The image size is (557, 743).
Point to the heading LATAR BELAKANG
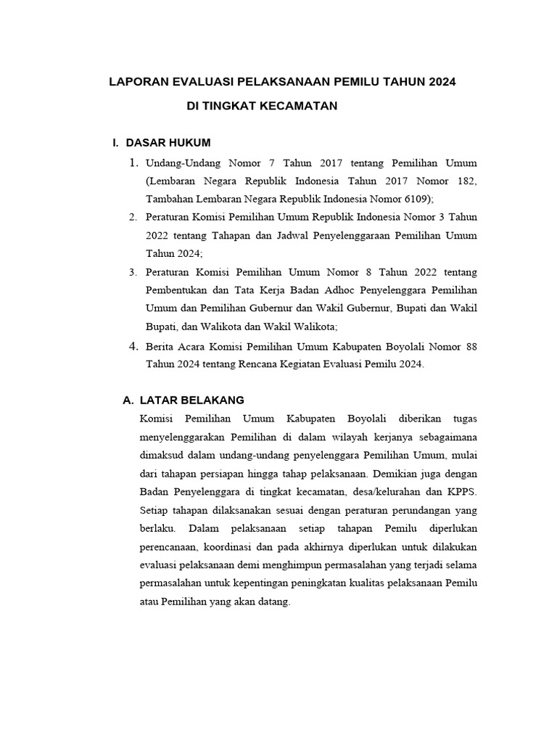191,400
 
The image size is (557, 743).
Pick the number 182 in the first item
464,181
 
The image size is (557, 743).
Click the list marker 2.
133,217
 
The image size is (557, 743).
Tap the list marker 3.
133,272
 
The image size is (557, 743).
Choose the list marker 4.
133,347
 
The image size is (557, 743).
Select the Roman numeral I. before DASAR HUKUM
115,142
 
